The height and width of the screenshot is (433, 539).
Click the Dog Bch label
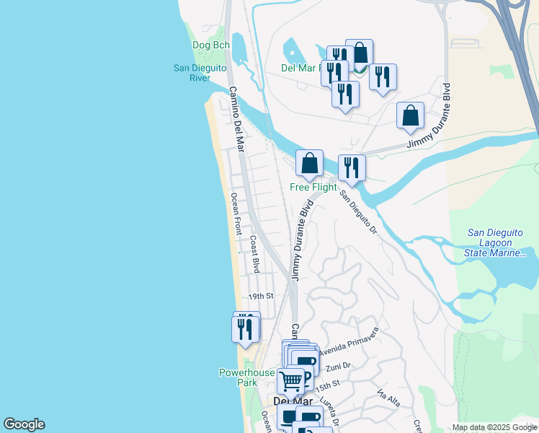point(211,45)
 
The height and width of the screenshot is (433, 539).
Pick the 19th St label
point(262,296)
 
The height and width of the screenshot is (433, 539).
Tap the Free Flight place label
point(313,188)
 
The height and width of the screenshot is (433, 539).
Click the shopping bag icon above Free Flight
point(310,163)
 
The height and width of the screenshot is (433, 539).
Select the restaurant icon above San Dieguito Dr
point(352,167)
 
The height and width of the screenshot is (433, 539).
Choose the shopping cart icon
point(291,380)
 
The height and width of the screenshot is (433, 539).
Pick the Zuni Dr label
point(337,367)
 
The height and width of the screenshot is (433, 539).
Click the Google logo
point(24,424)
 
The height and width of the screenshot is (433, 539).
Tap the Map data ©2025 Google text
point(494,427)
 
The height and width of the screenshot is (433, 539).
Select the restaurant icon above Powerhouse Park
point(245,328)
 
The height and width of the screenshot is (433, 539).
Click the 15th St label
point(327,388)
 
